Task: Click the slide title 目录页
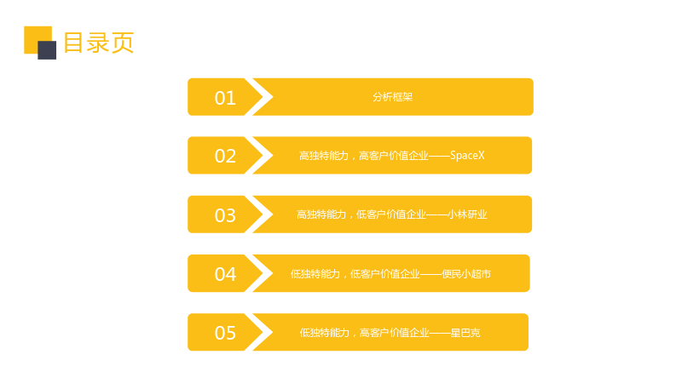pyautogui.click(x=99, y=43)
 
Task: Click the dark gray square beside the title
pyautogui.click(x=47, y=50)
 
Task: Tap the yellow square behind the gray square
pyautogui.click(x=35, y=37)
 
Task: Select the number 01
pyautogui.click(x=225, y=98)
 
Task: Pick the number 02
pyautogui.click(x=225, y=156)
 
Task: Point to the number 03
pyautogui.click(x=225, y=215)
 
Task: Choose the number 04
pyautogui.click(x=225, y=274)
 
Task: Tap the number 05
pyautogui.click(x=225, y=333)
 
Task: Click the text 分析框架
pyautogui.click(x=392, y=97)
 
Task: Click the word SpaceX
pyautogui.click(x=467, y=156)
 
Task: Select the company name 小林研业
pyautogui.click(x=467, y=214)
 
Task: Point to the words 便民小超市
pyautogui.click(x=466, y=274)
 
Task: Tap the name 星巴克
pyautogui.click(x=465, y=333)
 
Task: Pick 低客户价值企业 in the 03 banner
pyautogui.click(x=391, y=214)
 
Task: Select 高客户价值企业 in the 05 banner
pyautogui.click(x=395, y=333)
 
